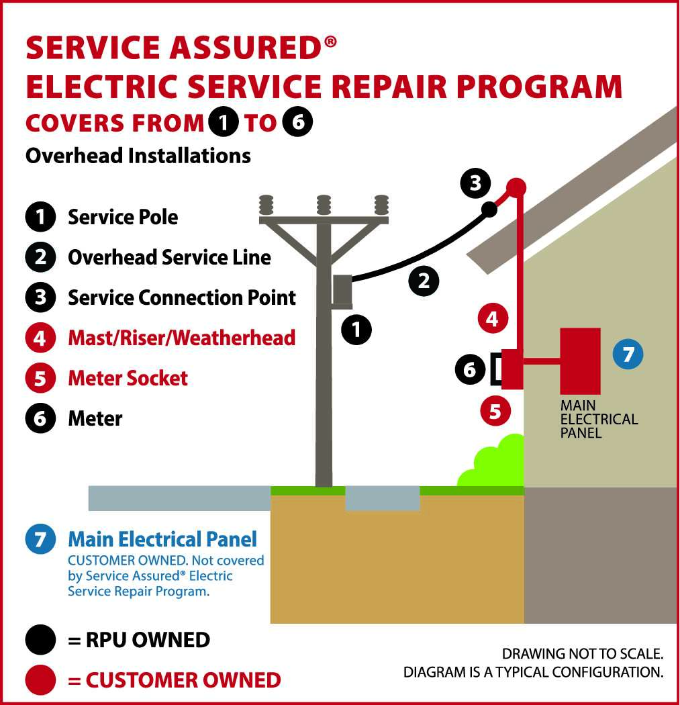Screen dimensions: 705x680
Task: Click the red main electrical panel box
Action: (x=580, y=361)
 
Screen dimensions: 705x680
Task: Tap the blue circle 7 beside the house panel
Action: (x=628, y=354)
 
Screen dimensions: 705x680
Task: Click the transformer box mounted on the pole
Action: (x=343, y=291)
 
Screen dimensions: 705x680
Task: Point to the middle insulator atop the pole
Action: (x=324, y=203)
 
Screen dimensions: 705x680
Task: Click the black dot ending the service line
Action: (x=489, y=209)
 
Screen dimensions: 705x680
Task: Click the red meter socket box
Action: (x=512, y=369)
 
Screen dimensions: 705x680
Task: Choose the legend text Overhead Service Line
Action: (x=169, y=257)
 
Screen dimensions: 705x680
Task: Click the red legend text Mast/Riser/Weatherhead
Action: (x=181, y=337)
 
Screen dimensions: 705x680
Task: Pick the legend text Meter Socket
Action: (x=128, y=378)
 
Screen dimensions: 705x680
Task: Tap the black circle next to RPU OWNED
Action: (x=40, y=640)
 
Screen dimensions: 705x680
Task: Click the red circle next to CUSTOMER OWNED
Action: (x=40, y=680)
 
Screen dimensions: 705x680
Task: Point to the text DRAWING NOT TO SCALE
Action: (x=583, y=653)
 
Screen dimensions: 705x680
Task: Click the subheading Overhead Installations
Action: (x=138, y=156)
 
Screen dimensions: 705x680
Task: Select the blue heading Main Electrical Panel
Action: (x=162, y=538)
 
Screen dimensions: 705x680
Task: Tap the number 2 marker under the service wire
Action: (x=424, y=280)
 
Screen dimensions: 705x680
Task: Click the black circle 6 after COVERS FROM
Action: (x=297, y=123)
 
